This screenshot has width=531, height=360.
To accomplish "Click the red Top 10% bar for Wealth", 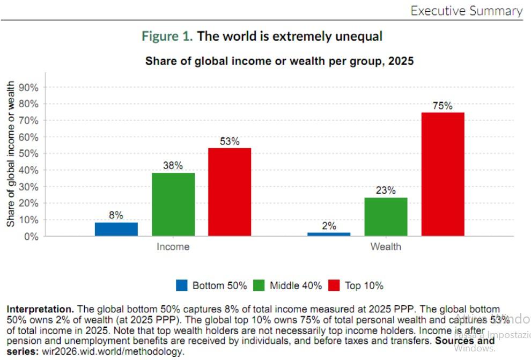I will (x=442, y=174).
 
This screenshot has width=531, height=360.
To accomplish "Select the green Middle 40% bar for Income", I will (x=173, y=204).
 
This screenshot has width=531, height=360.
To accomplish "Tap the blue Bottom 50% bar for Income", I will (x=116, y=229).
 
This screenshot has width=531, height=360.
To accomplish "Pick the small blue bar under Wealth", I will (x=329, y=234).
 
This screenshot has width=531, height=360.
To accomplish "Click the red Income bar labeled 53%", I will (x=230, y=192).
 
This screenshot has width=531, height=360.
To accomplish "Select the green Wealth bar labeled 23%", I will (x=386, y=217).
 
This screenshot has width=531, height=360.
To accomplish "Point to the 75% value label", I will (x=442, y=106).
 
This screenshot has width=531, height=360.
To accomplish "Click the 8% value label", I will (x=116, y=215).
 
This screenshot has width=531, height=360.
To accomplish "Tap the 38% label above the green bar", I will (x=173, y=166).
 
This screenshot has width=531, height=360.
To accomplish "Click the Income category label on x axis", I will (x=173, y=247).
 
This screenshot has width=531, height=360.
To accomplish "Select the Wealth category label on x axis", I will (x=386, y=247).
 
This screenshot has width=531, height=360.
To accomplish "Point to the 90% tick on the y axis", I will (x=29, y=87).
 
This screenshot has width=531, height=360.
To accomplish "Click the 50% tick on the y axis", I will (x=29, y=153).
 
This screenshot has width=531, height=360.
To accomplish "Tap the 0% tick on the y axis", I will (x=32, y=237).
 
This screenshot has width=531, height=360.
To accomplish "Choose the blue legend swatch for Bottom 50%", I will (x=181, y=285).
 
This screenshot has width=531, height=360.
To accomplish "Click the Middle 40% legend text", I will (x=296, y=285).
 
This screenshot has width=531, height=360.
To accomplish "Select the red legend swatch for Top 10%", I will (x=334, y=285).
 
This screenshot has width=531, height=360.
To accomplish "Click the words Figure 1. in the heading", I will (x=167, y=36).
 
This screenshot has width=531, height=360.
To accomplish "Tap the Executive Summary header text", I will (x=466, y=11).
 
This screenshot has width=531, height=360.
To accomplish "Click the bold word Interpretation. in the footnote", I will (x=41, y=310).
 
